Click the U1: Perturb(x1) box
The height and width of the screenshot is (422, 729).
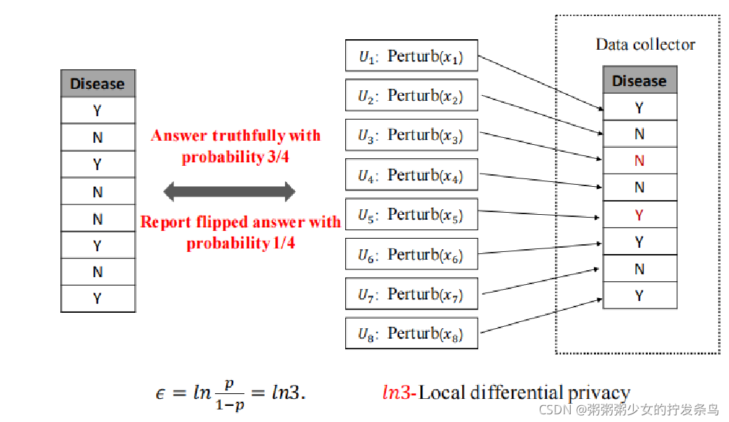(x=412, y=55)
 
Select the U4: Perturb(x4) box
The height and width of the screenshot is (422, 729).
(x=412, y=175)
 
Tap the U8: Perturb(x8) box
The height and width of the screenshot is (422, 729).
(x=412, y=333)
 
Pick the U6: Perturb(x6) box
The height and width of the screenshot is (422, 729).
(x=412, y=255)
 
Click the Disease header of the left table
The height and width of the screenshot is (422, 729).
(x=97, y=84)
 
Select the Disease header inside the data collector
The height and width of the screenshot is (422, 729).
(x=639, y=80)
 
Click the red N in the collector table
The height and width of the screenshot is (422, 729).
(x=639, y=161)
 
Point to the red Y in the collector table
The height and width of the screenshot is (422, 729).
(x=639, y=215)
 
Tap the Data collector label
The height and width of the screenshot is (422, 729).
(x=645, y=45)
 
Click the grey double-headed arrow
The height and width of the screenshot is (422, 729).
(x=229, y=190)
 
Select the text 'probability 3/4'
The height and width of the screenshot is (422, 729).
(x=236, y=157)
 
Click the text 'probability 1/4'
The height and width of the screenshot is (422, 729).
(x=240, y=244)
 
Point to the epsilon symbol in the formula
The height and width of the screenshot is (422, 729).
(x=160, y=393)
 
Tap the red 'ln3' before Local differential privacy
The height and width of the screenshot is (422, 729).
(x=398, y=393)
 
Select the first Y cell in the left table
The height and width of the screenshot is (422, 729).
(x=97, y=111)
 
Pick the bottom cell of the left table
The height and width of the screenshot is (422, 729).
(x=97, y=298)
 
